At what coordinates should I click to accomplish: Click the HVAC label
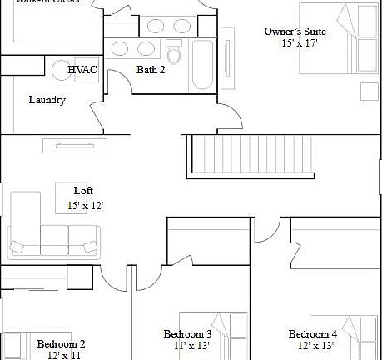click(82, 70)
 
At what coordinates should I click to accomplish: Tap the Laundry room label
click(47, 100)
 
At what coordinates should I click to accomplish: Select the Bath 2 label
click(151, 70)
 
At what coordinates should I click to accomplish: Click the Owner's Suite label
click(295, 31)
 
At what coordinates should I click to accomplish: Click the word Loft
click(83, 191)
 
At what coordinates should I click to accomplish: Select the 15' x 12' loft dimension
click(85, 205)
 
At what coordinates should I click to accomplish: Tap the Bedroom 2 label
click(61, 342)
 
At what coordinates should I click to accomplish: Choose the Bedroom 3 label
click(186, 334)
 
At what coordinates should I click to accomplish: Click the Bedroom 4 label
click(313, 334)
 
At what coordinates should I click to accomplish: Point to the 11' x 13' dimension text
click(191, 345)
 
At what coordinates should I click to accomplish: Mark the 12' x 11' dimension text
click(64, 354)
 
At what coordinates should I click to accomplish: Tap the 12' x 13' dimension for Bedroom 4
click(316, 345)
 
